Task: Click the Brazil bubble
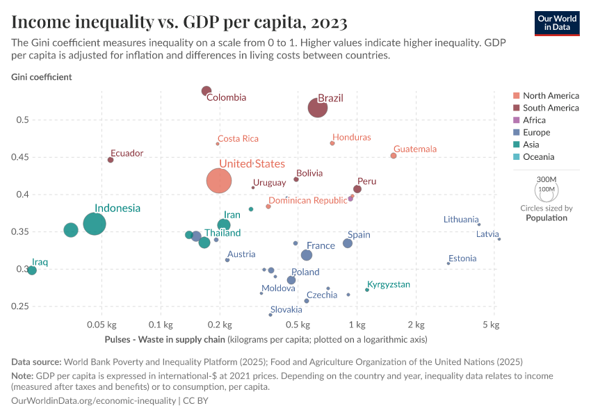(x=318, y=108)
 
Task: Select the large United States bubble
(x=219, y=181)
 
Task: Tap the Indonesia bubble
(x=95, y=224)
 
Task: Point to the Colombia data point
(x=207, y=91)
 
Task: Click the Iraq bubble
(x=31, y=270)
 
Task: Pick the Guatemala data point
(x=394, y=156)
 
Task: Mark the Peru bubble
(x=357, y=189)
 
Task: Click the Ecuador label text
(x=127, y=153)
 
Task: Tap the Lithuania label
(x=461, y=220)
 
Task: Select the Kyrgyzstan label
(x=389, y=284)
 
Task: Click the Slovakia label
(x=286, y=309)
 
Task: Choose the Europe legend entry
(x=536, y=132)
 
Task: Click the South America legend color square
(x=516, y=108)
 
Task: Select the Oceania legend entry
(x=538, y=157)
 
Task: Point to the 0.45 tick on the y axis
(x=18, y=157)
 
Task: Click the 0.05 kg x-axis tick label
(x=102, y=325)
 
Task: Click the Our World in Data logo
(x=557, y=23)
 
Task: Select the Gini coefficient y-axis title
(x=41, y=77)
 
